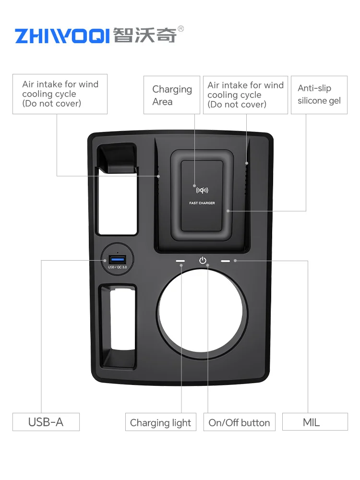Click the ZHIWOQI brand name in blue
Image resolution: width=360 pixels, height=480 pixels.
(62, 36)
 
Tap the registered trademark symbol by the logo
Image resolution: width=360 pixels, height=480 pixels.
(180, 29)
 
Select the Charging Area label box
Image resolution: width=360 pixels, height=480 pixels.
(172, 95)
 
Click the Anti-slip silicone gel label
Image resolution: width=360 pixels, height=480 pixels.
(319, 95)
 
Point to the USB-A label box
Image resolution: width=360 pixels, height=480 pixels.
(46, 422)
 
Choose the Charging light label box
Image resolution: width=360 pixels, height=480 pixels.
(160, 422)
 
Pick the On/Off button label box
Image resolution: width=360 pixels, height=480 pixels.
(239, 422)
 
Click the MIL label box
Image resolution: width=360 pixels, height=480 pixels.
(314, 422)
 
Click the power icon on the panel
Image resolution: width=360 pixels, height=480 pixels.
(203, 261)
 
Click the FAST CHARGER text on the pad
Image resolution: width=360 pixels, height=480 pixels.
(202, 203)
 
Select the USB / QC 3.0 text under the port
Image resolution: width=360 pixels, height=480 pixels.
(118, 267)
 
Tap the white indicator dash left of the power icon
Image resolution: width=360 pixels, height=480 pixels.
(180, 262)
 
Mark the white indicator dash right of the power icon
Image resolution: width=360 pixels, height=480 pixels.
(225, 262)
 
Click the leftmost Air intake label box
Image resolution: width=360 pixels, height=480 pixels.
(60, 94)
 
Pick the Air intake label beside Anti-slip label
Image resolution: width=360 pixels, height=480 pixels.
(245, 95)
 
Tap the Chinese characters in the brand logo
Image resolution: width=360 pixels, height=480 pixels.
(145, 36)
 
